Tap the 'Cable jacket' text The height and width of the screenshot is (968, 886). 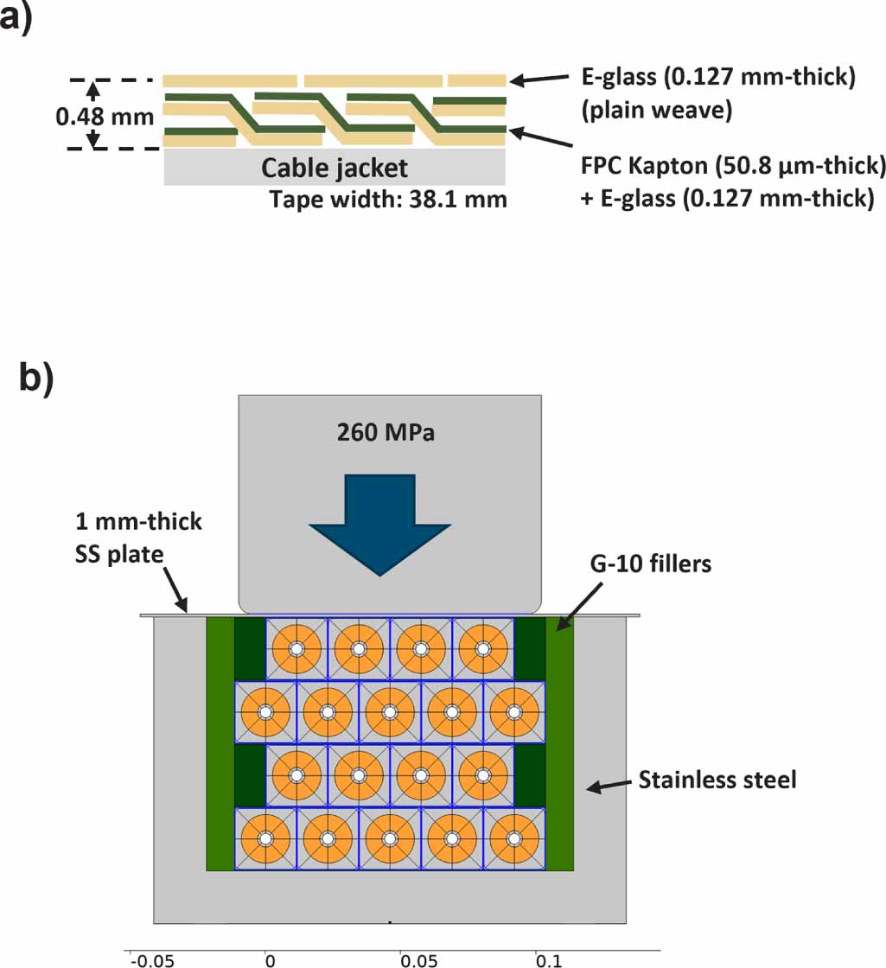tap(335, 167)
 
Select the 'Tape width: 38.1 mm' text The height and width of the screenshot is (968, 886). tap(388, 200)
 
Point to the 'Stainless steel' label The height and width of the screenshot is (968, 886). tap(717, 780)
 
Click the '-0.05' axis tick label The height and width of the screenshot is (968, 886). tap(143, 959)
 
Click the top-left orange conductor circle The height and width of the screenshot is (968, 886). tap(296, 648)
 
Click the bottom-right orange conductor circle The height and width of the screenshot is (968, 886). tap(514, 838)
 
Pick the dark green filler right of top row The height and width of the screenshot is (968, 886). tap(530, 648)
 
